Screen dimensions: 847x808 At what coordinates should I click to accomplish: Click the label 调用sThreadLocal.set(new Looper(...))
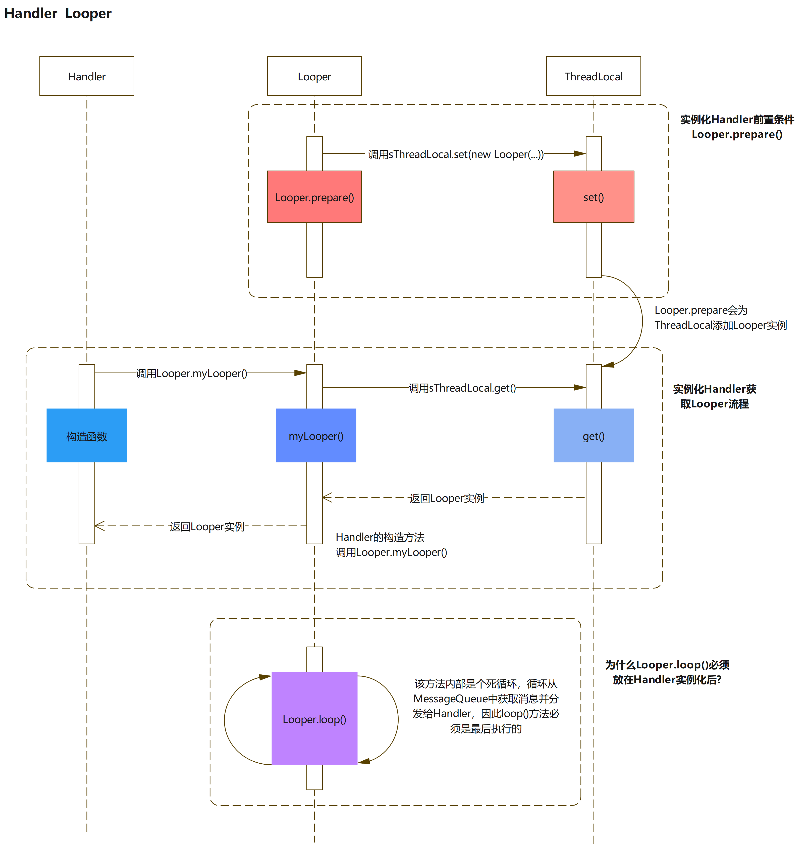click(456, 154)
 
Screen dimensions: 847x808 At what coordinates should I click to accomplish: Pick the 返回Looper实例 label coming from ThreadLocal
click(447, 498)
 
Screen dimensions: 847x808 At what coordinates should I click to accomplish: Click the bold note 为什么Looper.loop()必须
click(667, 665)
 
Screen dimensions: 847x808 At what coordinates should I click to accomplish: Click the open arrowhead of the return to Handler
click(99, 525)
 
